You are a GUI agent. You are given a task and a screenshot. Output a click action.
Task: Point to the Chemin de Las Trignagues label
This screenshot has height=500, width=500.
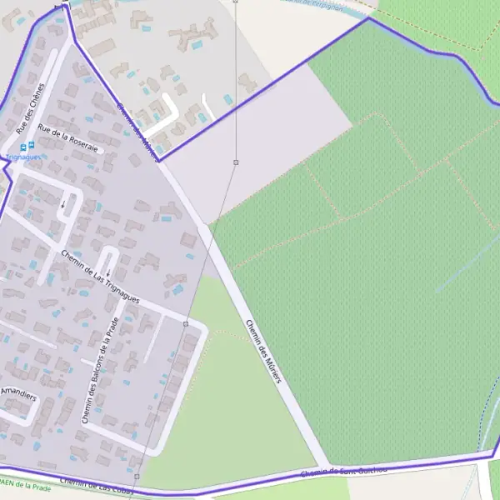(99, 275)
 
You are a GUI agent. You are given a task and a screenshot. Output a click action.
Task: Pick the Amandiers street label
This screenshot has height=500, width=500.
(18, 393)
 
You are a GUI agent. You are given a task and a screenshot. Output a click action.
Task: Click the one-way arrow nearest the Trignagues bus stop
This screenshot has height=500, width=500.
(62, 202)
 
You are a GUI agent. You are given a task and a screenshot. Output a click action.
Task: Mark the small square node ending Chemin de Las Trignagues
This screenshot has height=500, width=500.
(185, 322)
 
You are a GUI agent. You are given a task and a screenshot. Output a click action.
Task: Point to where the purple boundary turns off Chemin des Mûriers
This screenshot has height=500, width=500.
(158, 159)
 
